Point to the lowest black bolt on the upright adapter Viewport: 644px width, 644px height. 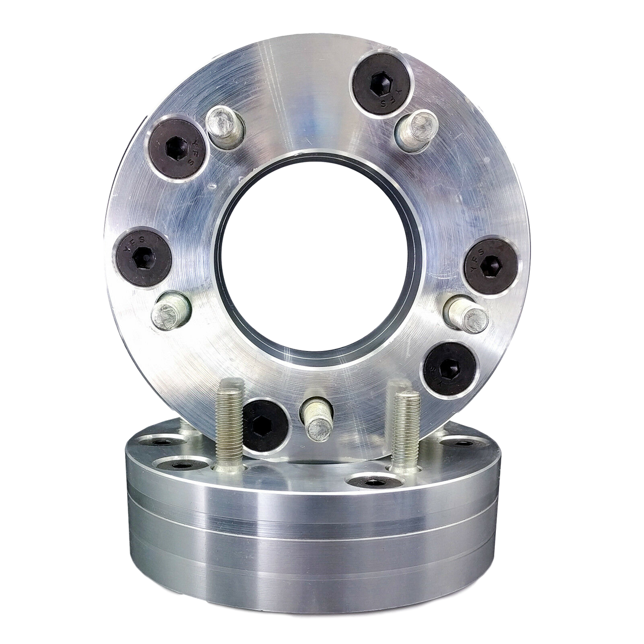[265, 425]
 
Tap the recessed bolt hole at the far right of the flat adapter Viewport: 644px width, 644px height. [460, 443]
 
